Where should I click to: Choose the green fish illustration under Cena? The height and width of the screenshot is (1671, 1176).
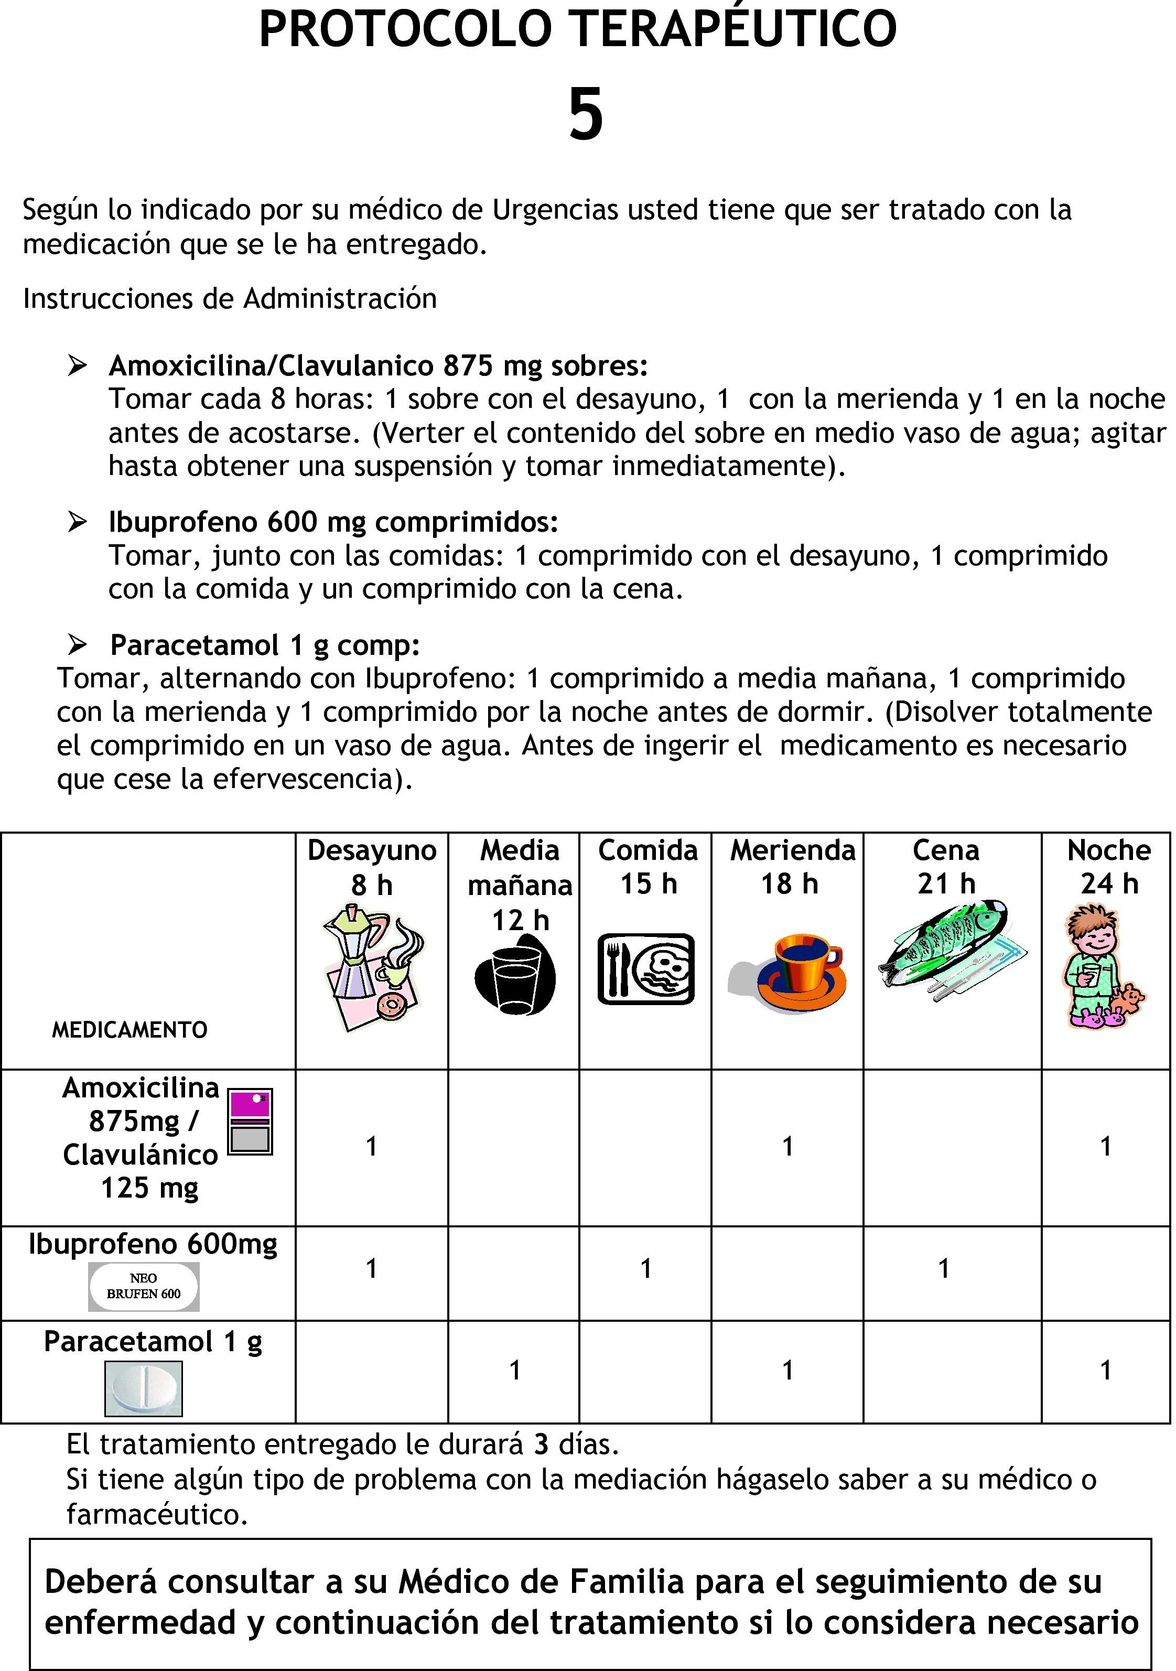(949, 950)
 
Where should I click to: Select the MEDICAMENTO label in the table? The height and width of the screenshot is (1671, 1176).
(130, 1030)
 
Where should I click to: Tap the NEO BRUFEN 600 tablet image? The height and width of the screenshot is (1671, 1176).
(143, 1286)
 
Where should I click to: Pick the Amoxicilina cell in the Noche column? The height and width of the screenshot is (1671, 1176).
(1105, 1146)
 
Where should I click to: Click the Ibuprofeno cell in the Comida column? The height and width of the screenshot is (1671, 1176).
(645, 1268)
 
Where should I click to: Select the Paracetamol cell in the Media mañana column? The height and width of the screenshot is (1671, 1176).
(514, 1370)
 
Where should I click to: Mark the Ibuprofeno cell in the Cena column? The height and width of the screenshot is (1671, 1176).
(944, 1268)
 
